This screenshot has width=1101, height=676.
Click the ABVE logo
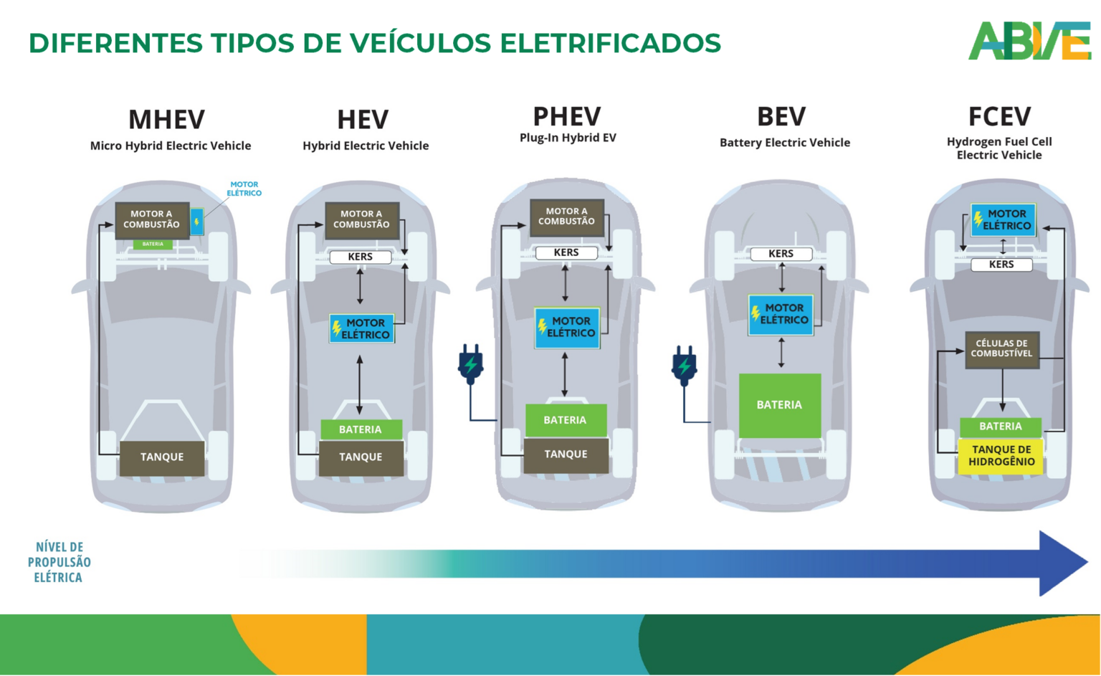pyautogui.click(x=1030, y=42)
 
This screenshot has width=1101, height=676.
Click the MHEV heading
pyautogui.click(x=166, y=119)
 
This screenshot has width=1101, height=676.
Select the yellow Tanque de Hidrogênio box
pyautogui.click(x=1001, y=456)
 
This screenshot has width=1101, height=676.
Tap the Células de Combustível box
pyautogui.click(x=1001, y=349)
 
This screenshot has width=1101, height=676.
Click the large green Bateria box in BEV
pyautogui.click(x=780, y=405)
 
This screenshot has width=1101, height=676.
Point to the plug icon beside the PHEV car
pyautogui.click(x=470, y=364)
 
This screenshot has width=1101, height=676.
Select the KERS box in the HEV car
pyautogui.click(x=360, y=257)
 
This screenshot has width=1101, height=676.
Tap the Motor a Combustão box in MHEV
pyautogui.click(x=152, y=219)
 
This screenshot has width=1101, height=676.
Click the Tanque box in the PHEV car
pyautogui.click(x=566, y=454)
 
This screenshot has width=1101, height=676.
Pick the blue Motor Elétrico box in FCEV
pyautogui.click(x=1003, y=220)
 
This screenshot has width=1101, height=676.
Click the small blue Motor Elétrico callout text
pyautogui.click(x=244, y=189)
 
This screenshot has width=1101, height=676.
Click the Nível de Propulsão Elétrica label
pyautogui.click(x=59, y=562)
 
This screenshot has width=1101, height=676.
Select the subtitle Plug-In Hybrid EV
pyautogui.click(x=568, y=138)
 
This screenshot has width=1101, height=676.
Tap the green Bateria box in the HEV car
pyautogui.click(x=361, y=429)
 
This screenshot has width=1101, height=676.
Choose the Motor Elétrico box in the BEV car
pyautogui.click(x=781, y=315)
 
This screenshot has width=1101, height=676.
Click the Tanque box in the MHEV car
pyautogui.click(x=162, y=457)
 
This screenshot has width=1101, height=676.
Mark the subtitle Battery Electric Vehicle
pyautogui.click(x=785, y=143)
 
